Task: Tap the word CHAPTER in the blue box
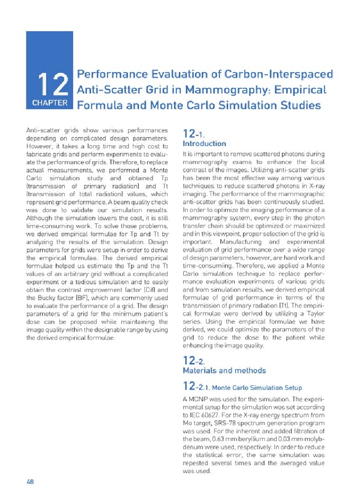(50, 103)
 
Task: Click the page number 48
(31, 481)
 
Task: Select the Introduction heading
(204, 143)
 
